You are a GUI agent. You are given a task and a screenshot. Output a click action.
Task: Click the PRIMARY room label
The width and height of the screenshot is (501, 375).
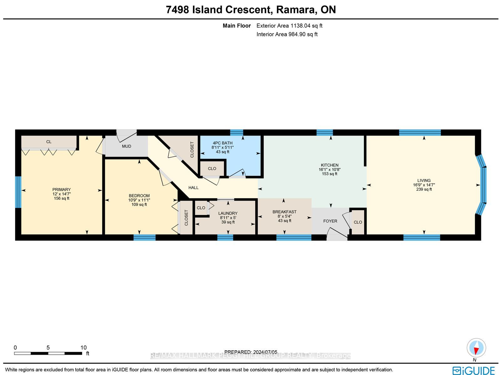(61, 190)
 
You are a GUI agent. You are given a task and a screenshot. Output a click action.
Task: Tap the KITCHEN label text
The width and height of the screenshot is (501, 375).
(329, 165)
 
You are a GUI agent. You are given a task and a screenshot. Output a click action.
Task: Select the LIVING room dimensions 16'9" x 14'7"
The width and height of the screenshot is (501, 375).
(424, 185)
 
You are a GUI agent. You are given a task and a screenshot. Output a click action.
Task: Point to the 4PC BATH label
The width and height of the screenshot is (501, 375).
(223, 143)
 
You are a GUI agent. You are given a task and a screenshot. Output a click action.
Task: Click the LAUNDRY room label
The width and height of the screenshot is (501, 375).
(228, 213)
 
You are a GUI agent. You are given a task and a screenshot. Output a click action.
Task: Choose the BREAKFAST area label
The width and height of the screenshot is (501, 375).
(284, 212)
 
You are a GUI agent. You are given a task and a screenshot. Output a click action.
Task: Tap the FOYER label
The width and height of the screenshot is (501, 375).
(330, 221)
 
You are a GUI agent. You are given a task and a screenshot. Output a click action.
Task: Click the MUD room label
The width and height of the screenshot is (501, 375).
(127, 146)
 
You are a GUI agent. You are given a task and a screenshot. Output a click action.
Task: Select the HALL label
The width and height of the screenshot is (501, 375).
(193, 188)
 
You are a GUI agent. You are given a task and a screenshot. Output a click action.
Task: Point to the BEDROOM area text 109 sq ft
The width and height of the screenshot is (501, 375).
(139, 205)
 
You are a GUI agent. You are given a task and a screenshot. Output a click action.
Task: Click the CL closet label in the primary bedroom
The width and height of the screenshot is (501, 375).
(49, 142)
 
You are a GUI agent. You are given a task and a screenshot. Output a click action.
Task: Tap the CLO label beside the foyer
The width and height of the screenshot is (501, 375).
(358, 222)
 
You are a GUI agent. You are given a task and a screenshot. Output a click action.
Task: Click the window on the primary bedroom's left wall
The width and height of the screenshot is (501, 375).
(18, 192)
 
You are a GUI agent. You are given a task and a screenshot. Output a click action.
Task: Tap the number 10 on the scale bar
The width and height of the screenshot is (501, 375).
(84, 348)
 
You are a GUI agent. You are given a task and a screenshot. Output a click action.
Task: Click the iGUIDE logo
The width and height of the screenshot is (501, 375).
(473, 370)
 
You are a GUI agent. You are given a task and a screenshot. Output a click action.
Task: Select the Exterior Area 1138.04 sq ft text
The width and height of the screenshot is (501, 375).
(289, 26)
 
